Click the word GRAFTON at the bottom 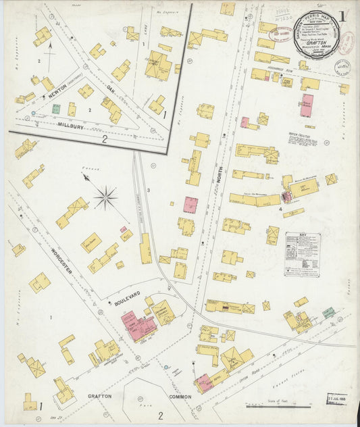click(99, 397)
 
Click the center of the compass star click(105, 198)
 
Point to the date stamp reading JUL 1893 click(338, 414)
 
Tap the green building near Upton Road click(328, 312)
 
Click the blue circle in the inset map click(28, 116)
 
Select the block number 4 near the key click(278, 209)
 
